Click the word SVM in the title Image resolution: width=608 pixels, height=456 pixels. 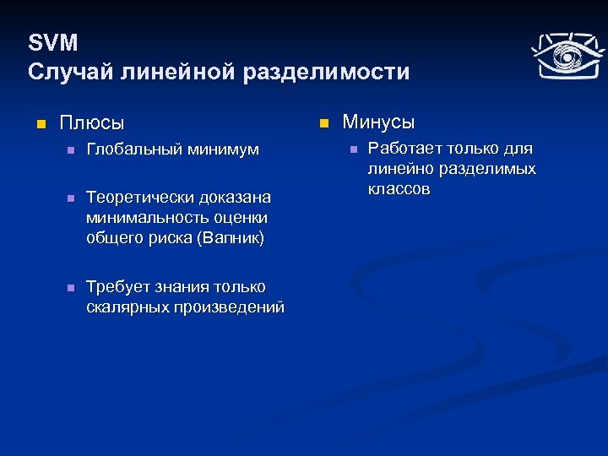point(52,43)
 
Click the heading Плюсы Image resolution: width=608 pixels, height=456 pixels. point(91,123)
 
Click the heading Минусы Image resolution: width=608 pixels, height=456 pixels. point(378,122)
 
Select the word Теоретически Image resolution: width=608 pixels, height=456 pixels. point(139,198)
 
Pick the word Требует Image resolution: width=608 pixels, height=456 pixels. point(117,287)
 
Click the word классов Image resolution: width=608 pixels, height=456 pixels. point(399,189)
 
